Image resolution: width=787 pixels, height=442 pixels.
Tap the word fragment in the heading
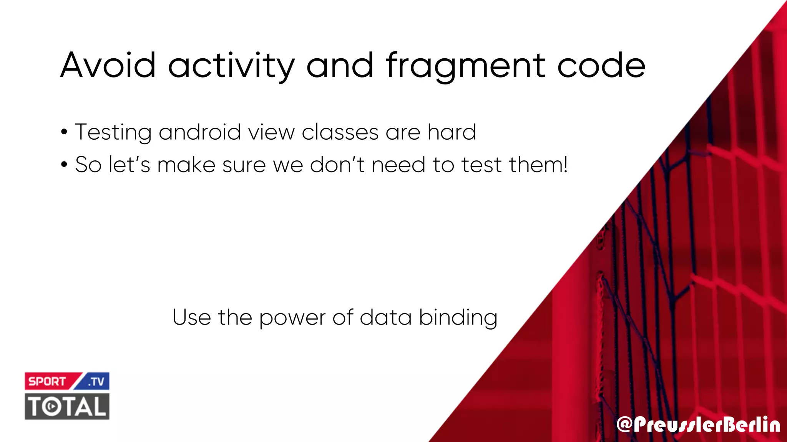pyautogui.click(x=465, y=66)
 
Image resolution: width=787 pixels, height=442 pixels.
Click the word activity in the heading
pyautogui.click(x=231, y=66)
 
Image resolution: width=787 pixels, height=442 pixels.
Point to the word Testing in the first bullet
pyautogui.click(x=113, y=133)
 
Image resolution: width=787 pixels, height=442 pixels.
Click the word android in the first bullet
pyautogui.click(x=200, y=132)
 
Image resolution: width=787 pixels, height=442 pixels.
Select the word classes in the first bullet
pyautogui.click(x=340, y=132)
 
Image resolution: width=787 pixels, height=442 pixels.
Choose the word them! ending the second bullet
pyautogui.click(x=538, y=165)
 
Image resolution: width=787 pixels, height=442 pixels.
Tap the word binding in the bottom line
pyautogui.click(x=458, y=318)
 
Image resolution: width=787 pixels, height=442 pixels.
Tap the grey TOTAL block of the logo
pyautogui.click(x=67, y=406)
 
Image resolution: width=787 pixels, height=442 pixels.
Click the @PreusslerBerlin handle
pyautogui.click(x=698, y=425)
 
